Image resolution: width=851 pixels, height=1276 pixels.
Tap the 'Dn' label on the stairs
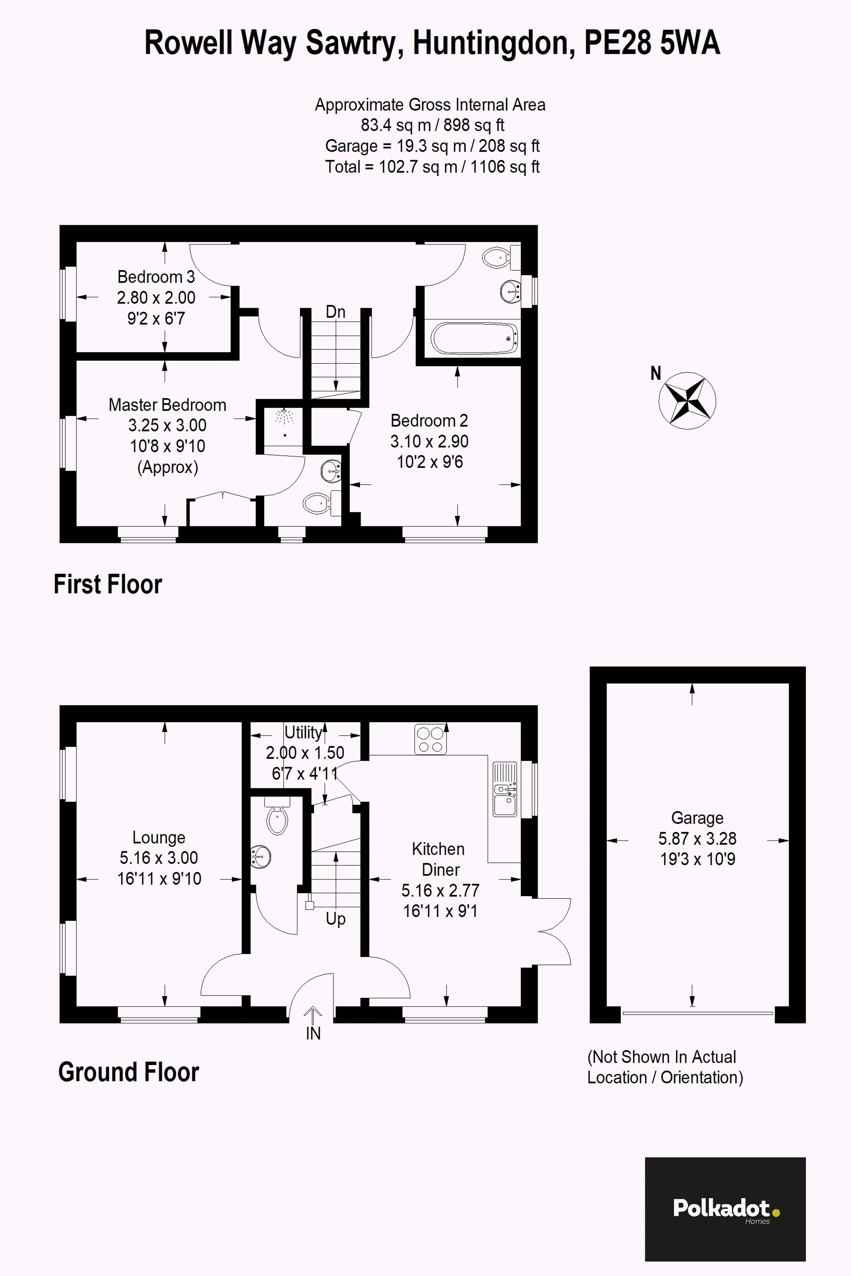[335, 312]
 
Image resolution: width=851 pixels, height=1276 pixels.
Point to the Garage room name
[697, 818]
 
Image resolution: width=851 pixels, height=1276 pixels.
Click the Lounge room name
[158, 837]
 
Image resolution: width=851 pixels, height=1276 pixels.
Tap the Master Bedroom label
[167, 405]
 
